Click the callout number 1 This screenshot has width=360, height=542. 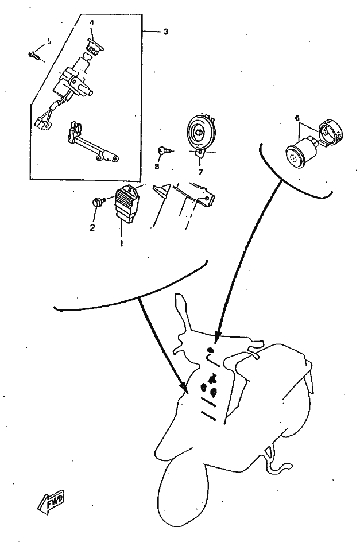coord(121,242)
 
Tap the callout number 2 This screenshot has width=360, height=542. coord(92,227)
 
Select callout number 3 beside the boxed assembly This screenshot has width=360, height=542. coord(165,32)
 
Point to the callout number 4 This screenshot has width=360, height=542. coord(91,23)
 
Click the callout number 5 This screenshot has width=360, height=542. coord(48,41)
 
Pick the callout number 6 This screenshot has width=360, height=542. coord(297,118)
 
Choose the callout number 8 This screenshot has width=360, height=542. coord(156,167)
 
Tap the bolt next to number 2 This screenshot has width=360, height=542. coord(99,202)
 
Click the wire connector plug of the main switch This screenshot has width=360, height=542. coord(41,122)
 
